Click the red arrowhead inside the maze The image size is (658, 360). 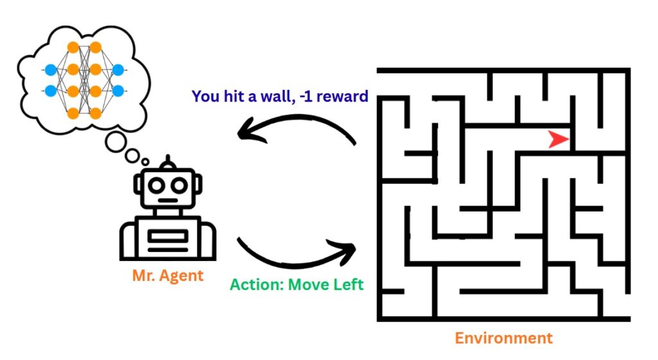point(558,139)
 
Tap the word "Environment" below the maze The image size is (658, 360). point(503,338)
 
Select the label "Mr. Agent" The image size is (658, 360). point(168,276)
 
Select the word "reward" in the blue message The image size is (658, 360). point(344,96)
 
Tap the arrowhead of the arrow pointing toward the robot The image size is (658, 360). point(245,133)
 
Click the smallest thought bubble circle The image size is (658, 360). point(145,161)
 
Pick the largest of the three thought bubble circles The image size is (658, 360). point(116,142)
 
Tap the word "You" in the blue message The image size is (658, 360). point(205,96)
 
